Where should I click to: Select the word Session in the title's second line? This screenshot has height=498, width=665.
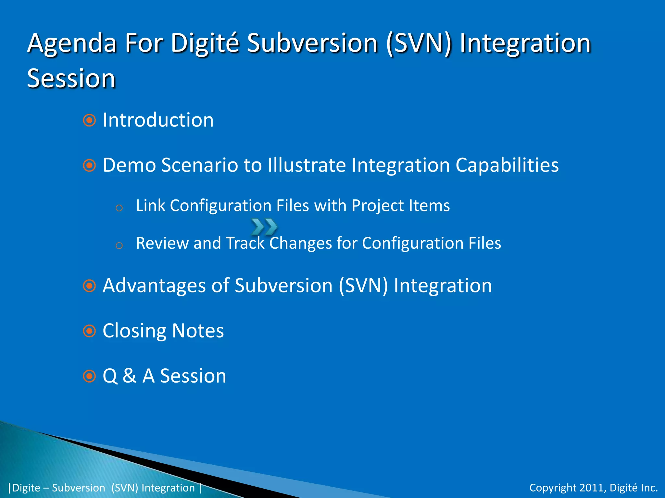tap(71, 78)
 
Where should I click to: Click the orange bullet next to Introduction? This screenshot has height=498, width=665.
tap(89, 120)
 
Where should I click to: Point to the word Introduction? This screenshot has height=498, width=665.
tap(158, 120)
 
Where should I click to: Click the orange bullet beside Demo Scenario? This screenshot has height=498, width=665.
tap(89, 165)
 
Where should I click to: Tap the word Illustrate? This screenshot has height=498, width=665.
tap(307, 165)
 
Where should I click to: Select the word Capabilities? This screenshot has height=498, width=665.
tap(507, 165)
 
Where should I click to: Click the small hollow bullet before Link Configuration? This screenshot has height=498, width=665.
tap(119, 208)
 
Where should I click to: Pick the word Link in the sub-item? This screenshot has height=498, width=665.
tap(150, 206)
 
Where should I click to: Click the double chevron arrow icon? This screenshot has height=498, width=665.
tap(264, 227)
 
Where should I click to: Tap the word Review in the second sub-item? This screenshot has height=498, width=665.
tap(162, 243)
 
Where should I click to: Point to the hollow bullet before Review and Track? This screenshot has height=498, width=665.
tap(119, 245)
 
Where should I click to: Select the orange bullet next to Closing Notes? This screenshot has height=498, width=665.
tap(89, 331)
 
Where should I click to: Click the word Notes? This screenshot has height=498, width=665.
tap(198, 331)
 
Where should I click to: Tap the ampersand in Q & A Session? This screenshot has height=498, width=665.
tap(130, 376)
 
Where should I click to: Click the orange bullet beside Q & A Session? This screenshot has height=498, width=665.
tap(89, 376)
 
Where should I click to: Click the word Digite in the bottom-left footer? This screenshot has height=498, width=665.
tap(26, 488)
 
